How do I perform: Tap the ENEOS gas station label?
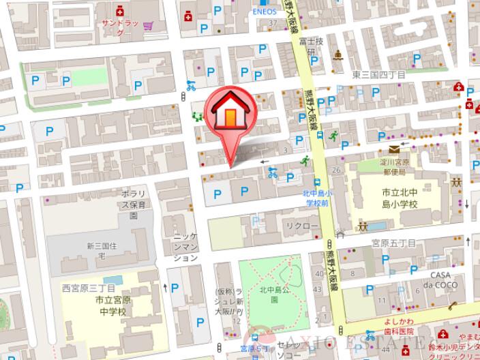265,11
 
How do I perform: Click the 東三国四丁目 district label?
378,74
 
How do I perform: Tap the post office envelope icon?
395,149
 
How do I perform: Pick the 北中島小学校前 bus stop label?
316,198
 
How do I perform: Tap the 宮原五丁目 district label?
393,242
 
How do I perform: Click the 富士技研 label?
314,46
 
